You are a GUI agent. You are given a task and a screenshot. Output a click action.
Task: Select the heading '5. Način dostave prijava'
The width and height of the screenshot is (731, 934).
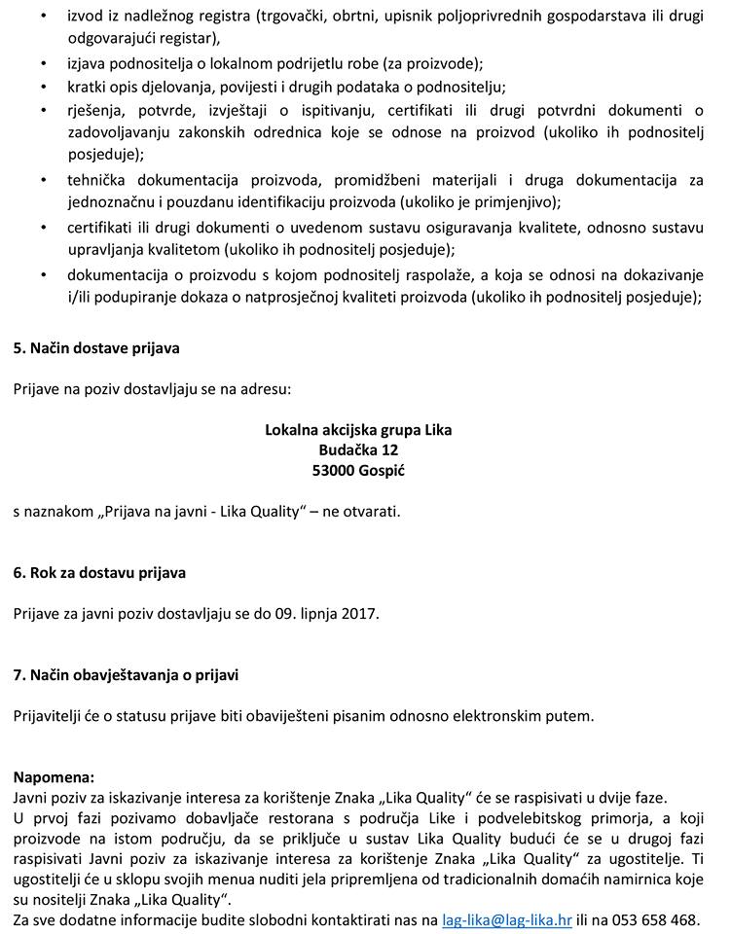(x=96, y=347)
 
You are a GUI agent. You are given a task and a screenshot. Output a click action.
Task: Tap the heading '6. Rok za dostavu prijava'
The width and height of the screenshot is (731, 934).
(x=99, y=573)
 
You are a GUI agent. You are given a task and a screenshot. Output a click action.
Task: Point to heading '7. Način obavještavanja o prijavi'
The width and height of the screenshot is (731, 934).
(x=126, y=674)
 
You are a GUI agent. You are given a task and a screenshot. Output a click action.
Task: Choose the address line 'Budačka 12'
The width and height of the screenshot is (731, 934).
(x=358, y=449)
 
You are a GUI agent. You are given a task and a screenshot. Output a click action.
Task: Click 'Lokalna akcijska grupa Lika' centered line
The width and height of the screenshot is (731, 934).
(x=358, y=429)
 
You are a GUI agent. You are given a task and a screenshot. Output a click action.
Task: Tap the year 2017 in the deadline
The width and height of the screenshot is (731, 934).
(x=362, y=614)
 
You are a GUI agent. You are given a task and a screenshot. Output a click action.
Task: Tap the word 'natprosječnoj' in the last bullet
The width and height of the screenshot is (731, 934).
(x=303, y=297)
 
